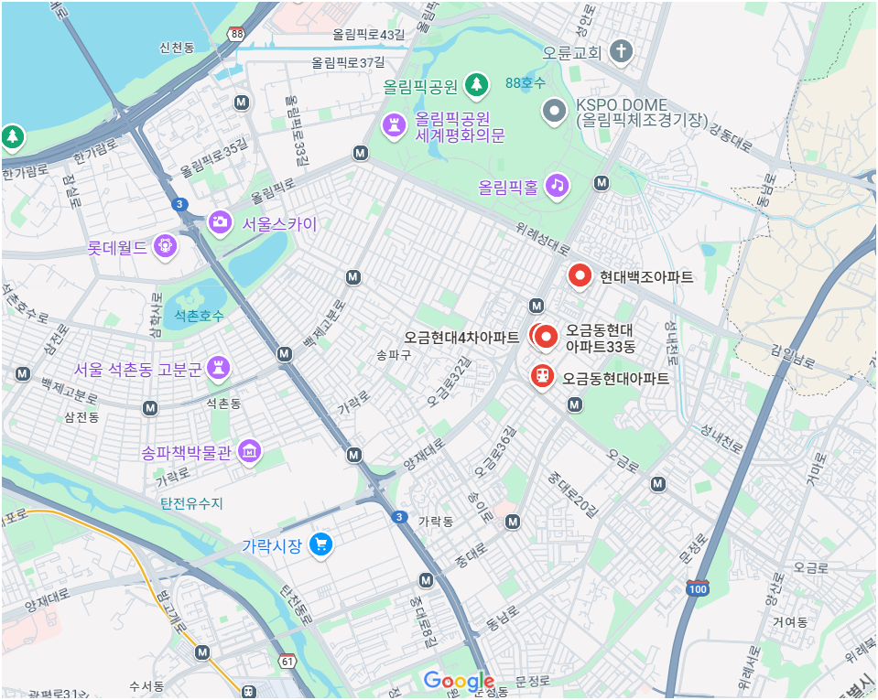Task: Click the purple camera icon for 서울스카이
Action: (x=220, y=221)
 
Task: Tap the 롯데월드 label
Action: (x=116, y=247)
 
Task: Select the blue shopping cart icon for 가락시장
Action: (x=320, y=544)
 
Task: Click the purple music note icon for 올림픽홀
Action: (x=557, y=185)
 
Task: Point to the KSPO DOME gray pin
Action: (x=555, y=112)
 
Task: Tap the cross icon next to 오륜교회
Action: (x=621, y=50)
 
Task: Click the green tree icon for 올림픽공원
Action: (x=475, y=85)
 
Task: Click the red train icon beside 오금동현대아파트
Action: (x=542, y=375)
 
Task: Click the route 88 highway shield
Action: (x=238, y=34)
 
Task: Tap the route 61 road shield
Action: (x=288, y=661)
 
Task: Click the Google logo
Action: (x=460, y=682)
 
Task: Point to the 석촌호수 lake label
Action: (x=199, y=315)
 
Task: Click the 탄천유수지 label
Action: (x=192, y=503)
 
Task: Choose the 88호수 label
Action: (x=526, y=83)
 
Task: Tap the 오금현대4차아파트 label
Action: (x=461, y=338)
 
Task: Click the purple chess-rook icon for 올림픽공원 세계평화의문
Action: (x=395, y=124)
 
